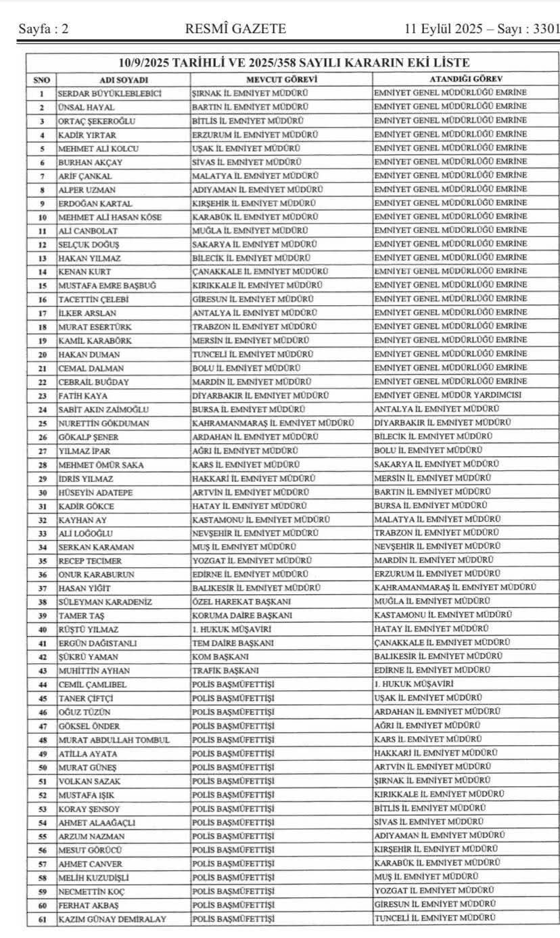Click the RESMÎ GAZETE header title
[x=235, y=28]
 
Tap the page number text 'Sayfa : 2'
[x=44, y=28]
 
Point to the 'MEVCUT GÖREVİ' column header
[x=281, y=79]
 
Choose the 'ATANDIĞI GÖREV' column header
[x=465, y=79]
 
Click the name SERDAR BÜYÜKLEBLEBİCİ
[x=110, y=93]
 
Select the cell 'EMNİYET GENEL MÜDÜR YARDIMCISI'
[x=448, y=395]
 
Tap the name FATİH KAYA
[x=83, y=395]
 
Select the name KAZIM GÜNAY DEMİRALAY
[x=112, y=918]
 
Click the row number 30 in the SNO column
[x=42, y=492]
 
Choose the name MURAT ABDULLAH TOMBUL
[x=114, y=740]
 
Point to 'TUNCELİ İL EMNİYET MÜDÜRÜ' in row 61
[x=434, y=918]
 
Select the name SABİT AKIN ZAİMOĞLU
[x=104, y=409]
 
